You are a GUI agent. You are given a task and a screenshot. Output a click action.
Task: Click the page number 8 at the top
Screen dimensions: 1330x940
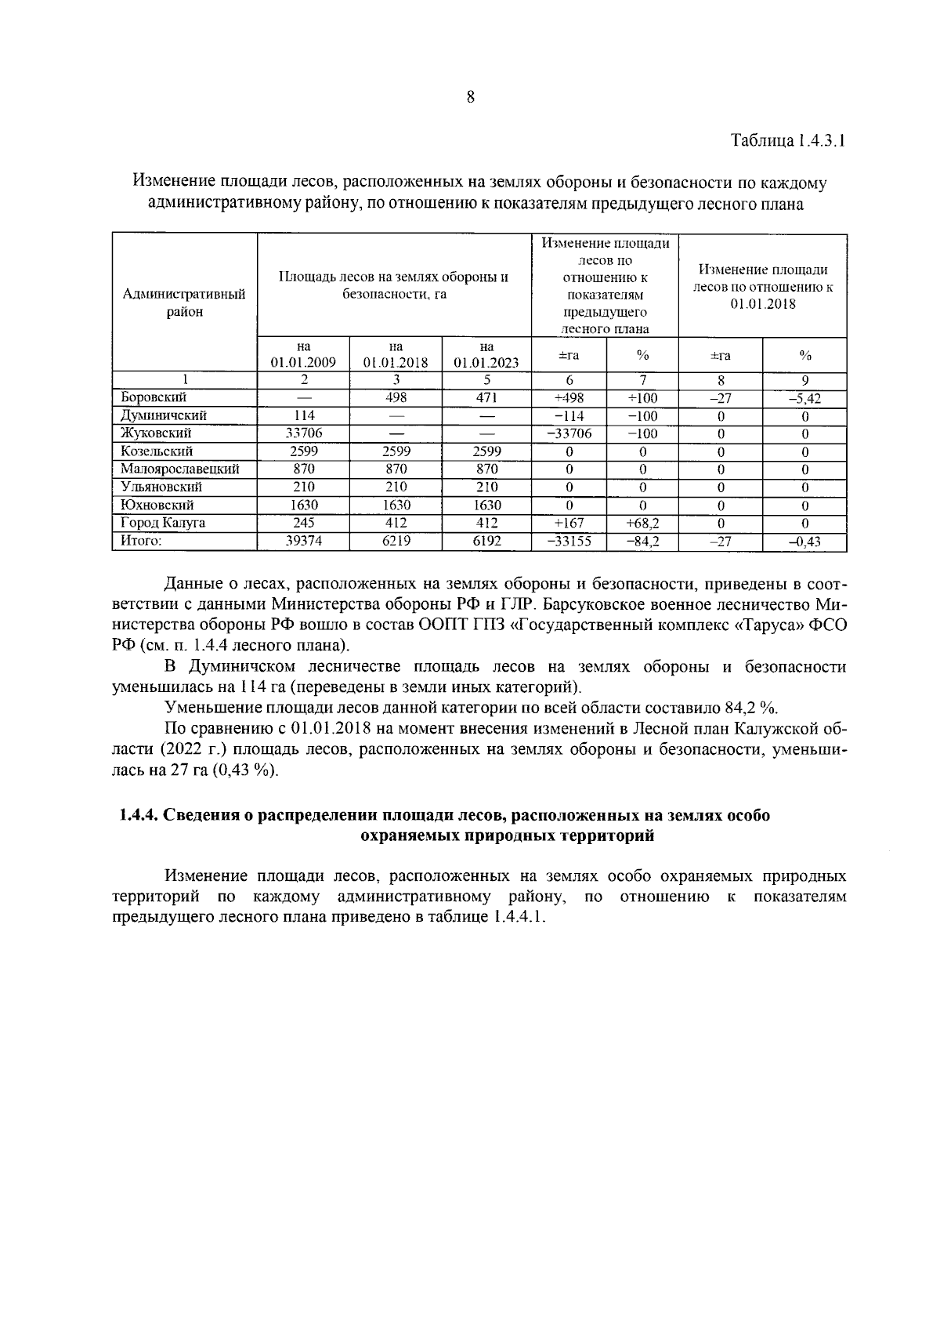(x=470, y=97)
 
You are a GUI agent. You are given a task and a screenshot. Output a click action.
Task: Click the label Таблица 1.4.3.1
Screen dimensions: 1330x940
(x=788, y=142)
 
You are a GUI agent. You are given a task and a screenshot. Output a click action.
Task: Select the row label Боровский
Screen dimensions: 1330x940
(x=154, y=397)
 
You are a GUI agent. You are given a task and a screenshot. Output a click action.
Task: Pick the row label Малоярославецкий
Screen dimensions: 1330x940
(x=180, y=469)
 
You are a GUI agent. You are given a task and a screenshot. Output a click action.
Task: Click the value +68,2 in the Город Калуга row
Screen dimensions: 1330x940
(x=642, y=524)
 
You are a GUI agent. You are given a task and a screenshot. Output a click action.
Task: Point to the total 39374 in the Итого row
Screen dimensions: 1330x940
(x=304, y=542)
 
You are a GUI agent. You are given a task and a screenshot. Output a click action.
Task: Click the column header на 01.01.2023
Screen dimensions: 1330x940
(x=486, y=355)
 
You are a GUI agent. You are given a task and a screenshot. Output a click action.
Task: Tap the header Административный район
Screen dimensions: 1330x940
(x=185, y=303)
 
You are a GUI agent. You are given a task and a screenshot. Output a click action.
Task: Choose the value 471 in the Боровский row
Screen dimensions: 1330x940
(x=486, y=397)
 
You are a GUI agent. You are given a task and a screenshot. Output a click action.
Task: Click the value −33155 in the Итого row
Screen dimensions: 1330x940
(x=569, y=542)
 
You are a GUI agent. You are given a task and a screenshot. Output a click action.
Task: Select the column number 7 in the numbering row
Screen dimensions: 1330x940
(x=642, y=380)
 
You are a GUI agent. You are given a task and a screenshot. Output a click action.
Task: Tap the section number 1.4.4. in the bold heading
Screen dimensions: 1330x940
(x=139, y=816)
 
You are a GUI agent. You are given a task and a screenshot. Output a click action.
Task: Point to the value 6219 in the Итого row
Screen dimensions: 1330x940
(x=396, y=542)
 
